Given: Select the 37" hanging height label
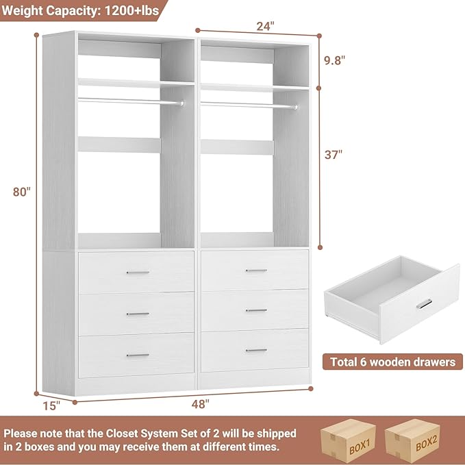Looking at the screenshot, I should point(334,155).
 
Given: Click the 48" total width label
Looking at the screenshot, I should point(199,404).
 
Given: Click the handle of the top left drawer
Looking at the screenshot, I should point(138,273).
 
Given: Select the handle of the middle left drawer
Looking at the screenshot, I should point(138,314).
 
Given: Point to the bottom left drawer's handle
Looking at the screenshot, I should point(138,355).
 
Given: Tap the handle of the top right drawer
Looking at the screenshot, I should point(256,271).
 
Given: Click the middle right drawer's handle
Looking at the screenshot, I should point(256,310).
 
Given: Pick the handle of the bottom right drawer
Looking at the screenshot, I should point(256,350).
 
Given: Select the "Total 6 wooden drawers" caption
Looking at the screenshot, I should point(393,362).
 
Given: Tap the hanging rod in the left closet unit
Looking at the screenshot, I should point(130,101).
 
